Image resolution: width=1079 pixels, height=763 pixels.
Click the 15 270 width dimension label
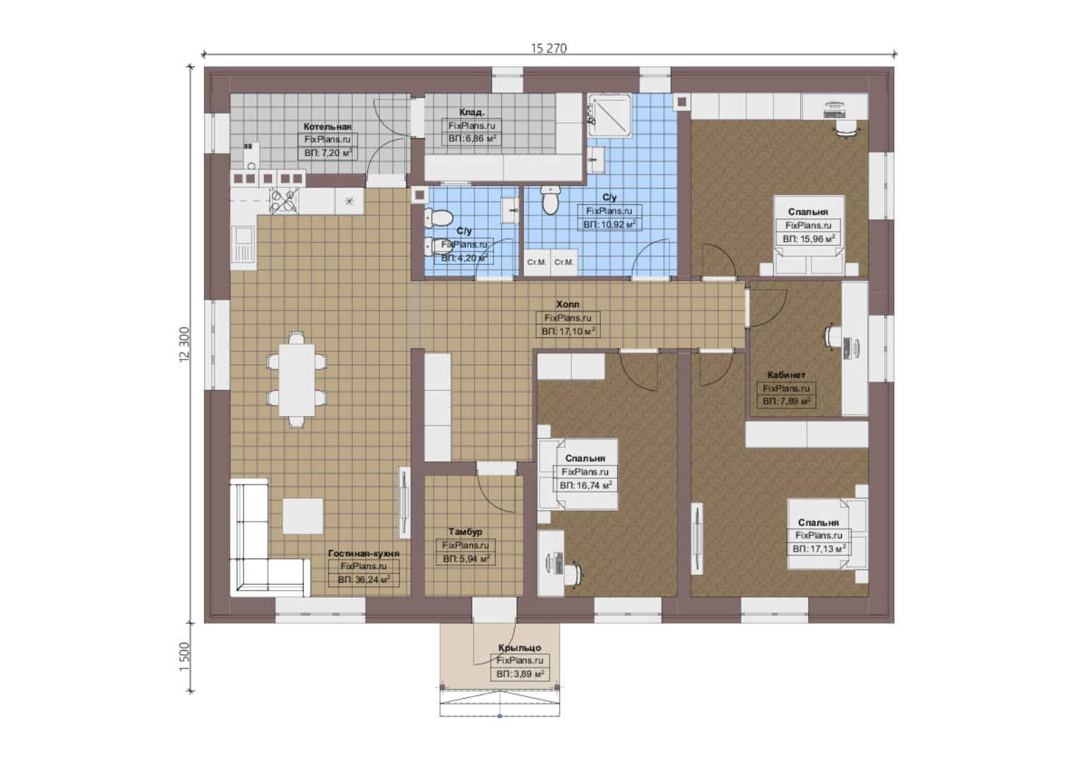(549, 48)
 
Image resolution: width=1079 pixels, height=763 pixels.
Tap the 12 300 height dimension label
(185, 345)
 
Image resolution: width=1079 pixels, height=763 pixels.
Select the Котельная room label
(327, 126)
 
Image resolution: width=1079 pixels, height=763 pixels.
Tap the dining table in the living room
(297, 380)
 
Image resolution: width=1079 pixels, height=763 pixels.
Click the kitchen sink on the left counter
(243, 248)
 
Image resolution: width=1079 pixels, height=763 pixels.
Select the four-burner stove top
(284, 201)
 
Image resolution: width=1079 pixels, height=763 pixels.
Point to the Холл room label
(568, 304)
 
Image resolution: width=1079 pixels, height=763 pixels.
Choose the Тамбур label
(465, 532)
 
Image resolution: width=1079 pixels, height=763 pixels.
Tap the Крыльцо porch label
(520, 648)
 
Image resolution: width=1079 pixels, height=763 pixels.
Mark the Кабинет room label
(786, 374)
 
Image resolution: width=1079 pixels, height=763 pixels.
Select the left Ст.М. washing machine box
(537, 262)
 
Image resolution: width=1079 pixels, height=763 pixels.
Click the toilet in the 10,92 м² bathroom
(551, 199)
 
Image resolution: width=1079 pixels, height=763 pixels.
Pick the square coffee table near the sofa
(302, 516)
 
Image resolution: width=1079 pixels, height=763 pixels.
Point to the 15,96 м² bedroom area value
(815, 239)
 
